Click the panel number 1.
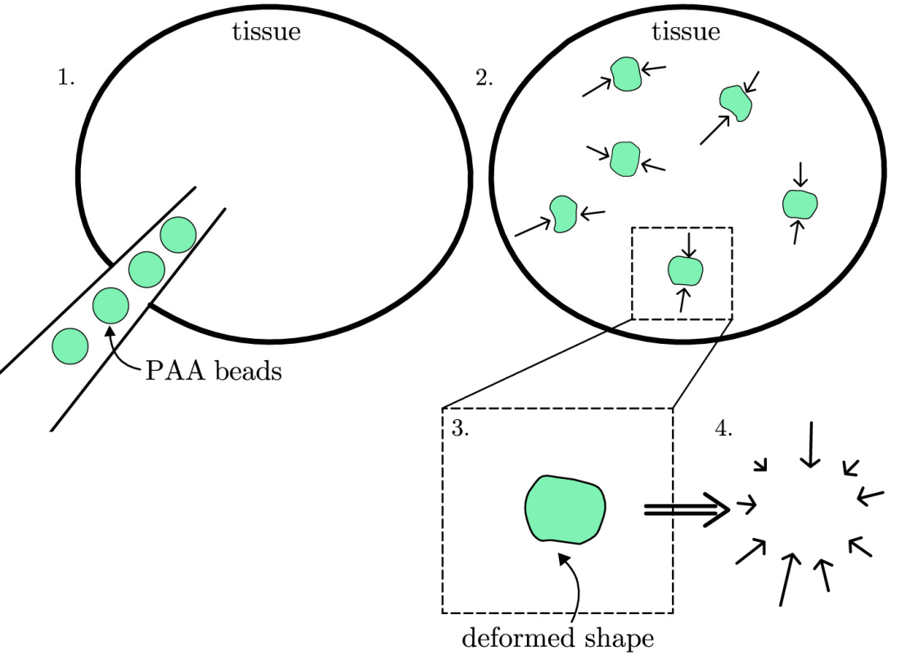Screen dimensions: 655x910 tap(65, 78)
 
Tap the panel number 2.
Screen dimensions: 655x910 tap(484, 78)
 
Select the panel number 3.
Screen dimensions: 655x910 tap(460, 429)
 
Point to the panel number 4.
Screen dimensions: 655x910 tap(723, 429)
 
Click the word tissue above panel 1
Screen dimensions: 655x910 tap(266, 33)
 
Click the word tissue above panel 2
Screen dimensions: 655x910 tap(686, 33)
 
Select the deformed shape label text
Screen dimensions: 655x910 tap(558, 637)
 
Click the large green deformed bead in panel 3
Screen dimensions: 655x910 tap(565, 508)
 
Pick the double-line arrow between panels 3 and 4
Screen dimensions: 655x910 tap(686, 509)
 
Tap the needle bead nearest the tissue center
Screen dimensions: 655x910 tap(178, 236)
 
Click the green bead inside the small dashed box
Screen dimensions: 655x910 tap(686, 269)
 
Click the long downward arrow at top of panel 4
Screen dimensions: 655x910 tap(810, 445)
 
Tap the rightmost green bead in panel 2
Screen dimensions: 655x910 tap(800, 203)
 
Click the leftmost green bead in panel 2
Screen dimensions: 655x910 tap(562, 214)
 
